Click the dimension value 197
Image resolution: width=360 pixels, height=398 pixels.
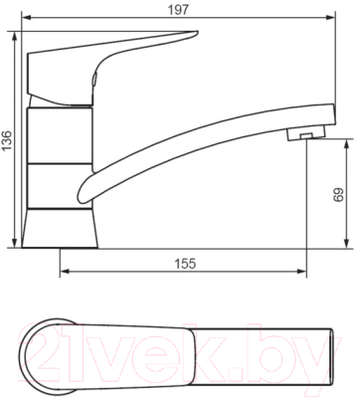click(178, 10)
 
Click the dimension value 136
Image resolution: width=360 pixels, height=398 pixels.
click(7, 140)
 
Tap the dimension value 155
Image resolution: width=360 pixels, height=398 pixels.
click(185, 264)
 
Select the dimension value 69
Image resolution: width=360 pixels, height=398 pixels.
click(339, 195)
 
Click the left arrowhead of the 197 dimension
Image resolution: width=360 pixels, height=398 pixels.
click(26, 17)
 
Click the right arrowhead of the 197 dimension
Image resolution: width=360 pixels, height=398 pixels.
click(330, 17)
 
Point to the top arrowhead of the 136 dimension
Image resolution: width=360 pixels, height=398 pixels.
click(15, 36)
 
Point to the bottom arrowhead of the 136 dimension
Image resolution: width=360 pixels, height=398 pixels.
click(15, 243)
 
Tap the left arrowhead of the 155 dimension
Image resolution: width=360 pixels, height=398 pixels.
click(65, 272)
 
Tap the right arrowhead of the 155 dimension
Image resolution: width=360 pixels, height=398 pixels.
click(301, 272)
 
